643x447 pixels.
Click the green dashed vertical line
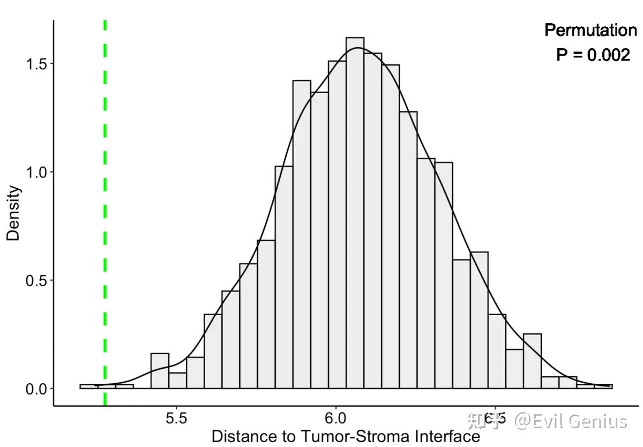(105, 214)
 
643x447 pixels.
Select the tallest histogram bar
(355, 214)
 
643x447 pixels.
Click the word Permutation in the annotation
(590, 31)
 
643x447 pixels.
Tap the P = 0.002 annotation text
(593, 54)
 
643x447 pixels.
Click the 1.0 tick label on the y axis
(36, 172)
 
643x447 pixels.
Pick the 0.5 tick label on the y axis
(36, 280)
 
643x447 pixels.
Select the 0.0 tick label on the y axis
(36, 389)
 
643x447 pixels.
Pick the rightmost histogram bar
(603, 386)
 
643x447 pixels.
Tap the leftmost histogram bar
(89, 386)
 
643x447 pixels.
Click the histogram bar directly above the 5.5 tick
(177, 381)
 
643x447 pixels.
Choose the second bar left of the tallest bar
(319, 241)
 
